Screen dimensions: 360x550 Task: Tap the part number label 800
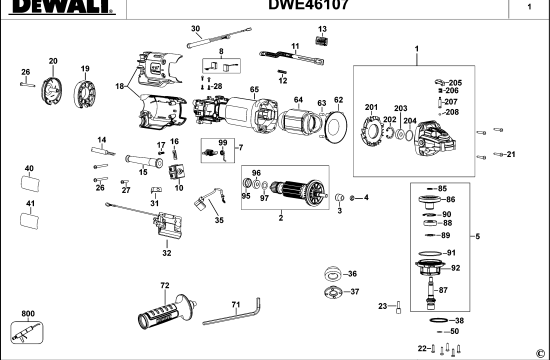(27, 313)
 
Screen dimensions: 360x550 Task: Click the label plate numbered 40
(29, 184)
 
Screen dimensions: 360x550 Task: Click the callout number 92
(456, 268)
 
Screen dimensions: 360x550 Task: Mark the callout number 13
(322, 30)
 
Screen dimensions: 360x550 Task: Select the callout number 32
(166, 254)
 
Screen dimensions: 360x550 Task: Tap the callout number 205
(455, 81)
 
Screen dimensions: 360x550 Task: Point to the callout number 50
(454, 331)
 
